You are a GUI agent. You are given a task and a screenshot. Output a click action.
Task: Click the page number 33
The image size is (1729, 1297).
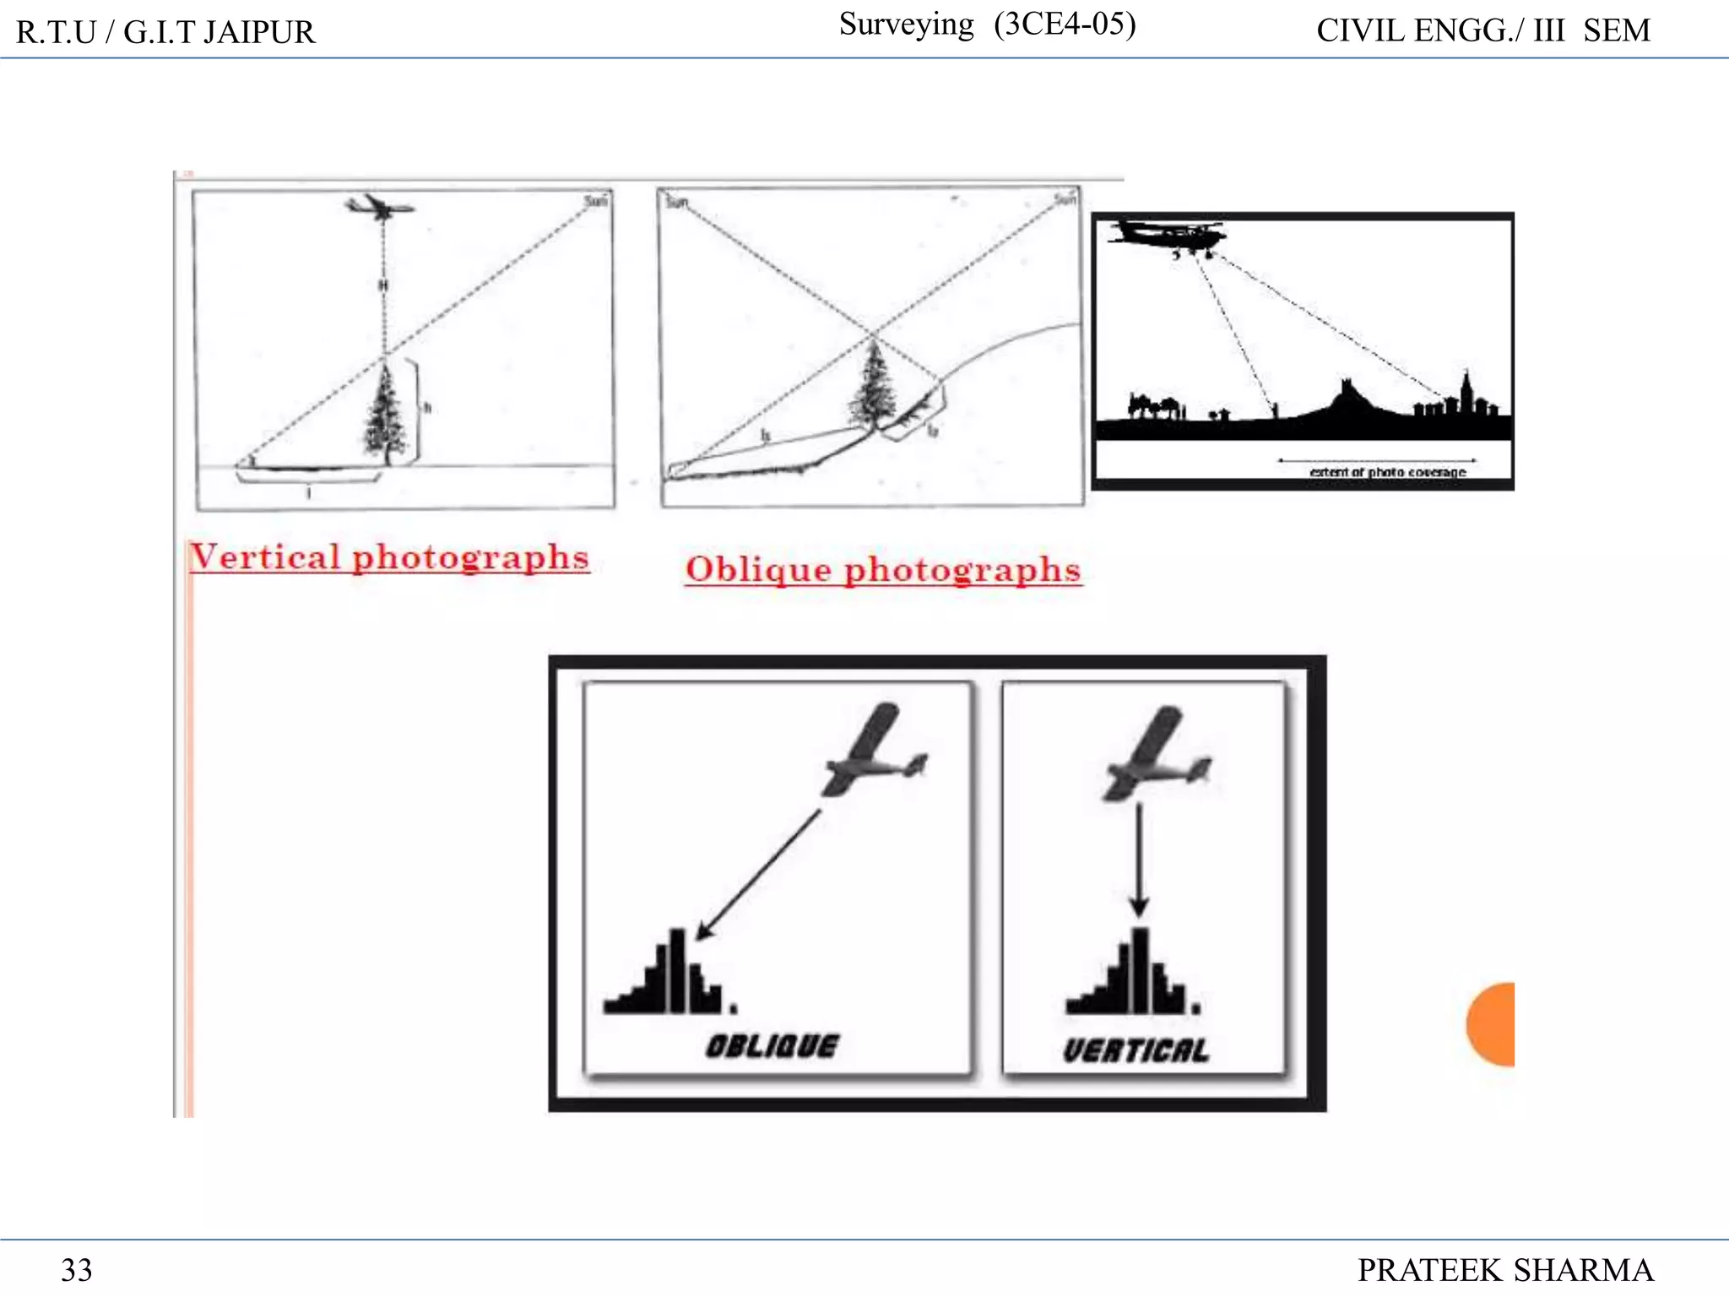76,1270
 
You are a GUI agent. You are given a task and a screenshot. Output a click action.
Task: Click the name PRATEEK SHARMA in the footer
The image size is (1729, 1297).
1504,1270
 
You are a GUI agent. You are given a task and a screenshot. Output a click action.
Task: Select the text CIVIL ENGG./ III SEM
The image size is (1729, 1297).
1482,31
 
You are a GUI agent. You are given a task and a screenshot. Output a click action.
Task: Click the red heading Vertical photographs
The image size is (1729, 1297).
388,557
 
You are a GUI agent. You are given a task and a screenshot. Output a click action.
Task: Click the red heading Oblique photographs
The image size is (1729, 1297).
883,569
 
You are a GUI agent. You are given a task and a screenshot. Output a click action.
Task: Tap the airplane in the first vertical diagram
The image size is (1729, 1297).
380,206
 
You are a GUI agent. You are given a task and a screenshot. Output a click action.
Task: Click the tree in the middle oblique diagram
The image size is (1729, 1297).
873,384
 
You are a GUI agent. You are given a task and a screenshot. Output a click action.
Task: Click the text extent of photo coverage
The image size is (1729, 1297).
1387,472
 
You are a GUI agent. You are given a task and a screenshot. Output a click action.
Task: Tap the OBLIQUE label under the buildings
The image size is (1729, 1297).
772,1046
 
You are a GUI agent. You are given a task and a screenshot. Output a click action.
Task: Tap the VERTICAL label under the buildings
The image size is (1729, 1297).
1136,1050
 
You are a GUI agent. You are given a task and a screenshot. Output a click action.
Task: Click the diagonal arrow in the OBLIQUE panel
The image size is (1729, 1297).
758,874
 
